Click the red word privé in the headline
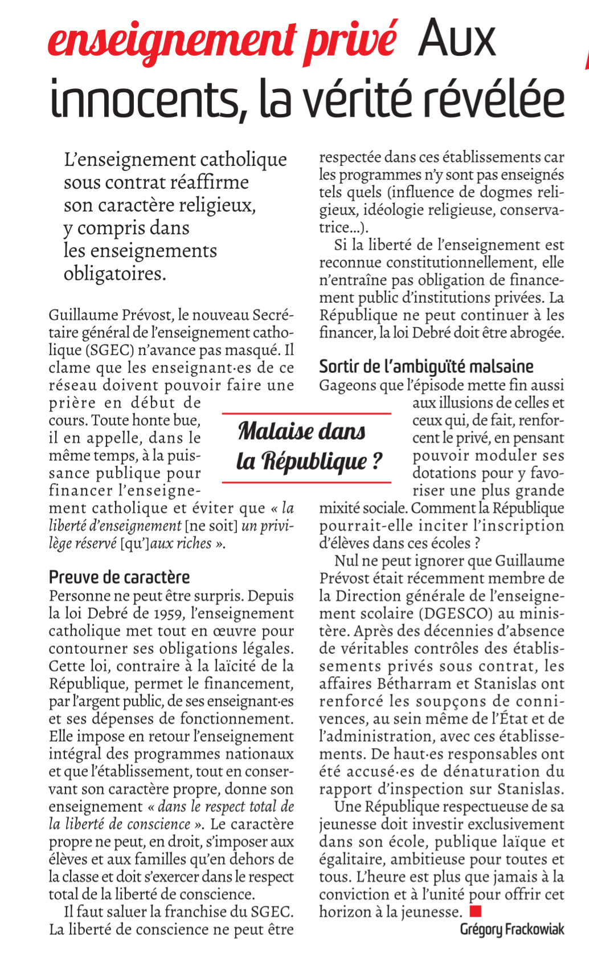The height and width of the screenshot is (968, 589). tap(350, 41)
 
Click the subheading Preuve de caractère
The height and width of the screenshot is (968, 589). tap(119, 577)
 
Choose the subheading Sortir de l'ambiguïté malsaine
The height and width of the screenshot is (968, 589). tap(426, 366)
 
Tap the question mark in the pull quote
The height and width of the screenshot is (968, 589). tap(377, 461)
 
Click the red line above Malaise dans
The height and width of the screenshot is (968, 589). tap(306, 413)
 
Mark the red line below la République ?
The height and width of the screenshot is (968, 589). tap(306, 482)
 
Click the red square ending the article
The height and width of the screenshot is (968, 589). tap(476, 911)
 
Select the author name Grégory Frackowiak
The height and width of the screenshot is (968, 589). tap(512, 929)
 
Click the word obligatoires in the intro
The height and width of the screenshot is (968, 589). tap(114, 274)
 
